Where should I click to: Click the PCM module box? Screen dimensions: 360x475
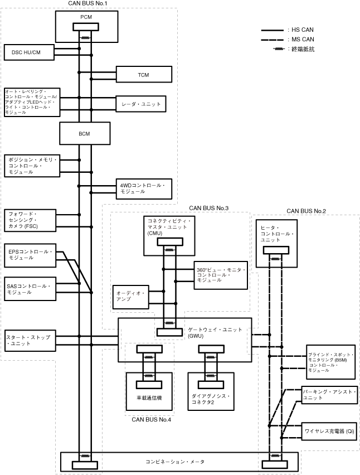(x=86, y=27)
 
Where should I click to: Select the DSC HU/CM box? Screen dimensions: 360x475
(x=29, y=52)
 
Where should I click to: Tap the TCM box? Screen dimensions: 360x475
(x=144, y=74)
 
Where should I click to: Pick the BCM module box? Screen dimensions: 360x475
(x=85, y=133)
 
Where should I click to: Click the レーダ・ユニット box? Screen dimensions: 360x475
(x=141, y=104)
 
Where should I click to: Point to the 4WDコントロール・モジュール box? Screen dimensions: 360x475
(x=144, y=189)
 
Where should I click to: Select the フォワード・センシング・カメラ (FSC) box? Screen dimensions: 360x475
(x=30, y=221)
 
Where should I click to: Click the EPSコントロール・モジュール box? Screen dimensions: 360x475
(x=30, y=255)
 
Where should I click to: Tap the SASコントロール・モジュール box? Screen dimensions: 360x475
(x=30, y=289)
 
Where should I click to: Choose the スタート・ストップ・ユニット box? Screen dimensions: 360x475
(x=30, y=341)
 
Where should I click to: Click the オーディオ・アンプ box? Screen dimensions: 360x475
(x=131, y=297)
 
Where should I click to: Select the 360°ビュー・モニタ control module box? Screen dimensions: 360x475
(x=221, y=275)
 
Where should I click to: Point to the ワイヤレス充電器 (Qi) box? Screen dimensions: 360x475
(x=329, y=432)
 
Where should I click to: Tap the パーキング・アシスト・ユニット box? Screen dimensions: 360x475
(x=329, y=395)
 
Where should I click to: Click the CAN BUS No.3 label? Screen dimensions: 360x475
(x=209, y=208)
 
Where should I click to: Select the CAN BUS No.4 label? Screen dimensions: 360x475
(x=152, y=420)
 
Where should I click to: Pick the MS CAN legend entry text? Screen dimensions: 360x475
(x=303, y=40)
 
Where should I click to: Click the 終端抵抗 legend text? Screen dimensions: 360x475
(x=303, y=49)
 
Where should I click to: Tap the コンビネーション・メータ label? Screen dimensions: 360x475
(x=175, y=462)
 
